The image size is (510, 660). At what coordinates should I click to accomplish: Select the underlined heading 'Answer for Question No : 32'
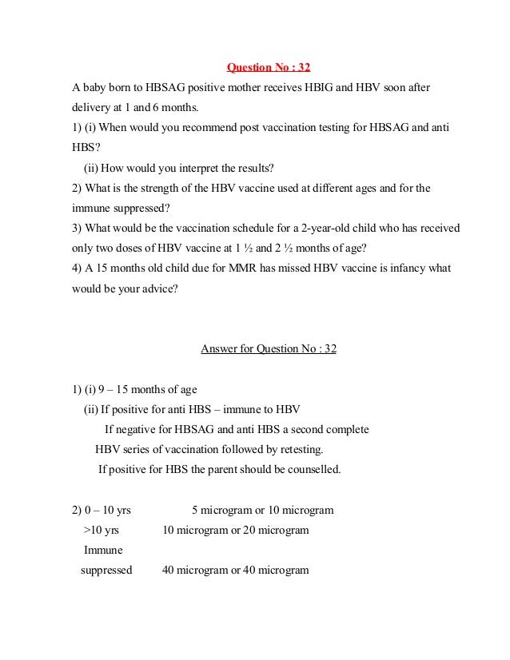(x=269, y=349)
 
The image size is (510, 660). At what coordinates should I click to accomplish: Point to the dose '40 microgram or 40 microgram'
(x=235, y=571)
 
